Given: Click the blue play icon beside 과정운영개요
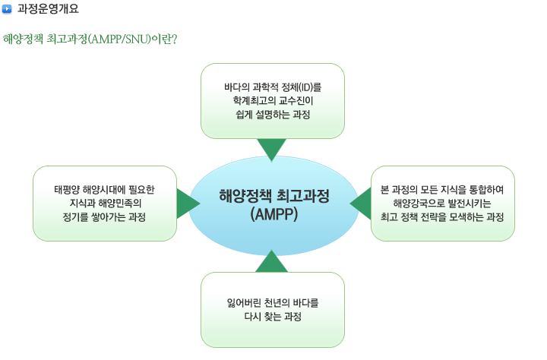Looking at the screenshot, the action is [7, 8].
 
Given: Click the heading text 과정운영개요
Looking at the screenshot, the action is [48, 8].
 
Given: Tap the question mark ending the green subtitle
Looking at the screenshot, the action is [175, 39].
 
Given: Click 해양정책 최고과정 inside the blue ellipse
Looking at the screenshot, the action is [274, 196].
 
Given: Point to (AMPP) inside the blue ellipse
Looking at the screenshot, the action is [274, 214].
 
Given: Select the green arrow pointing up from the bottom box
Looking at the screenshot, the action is [272, 261].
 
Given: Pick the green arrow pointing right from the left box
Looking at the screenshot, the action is [188, 204].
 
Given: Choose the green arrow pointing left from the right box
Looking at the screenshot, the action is [360, 204].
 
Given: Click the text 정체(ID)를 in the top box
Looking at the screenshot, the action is [302, 87].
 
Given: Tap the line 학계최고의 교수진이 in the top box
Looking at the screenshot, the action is [273, 100].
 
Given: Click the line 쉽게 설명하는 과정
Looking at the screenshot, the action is [273, 115].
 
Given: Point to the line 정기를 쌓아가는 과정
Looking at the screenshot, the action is [104, 217].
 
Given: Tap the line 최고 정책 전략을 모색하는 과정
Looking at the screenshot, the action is [442, 217].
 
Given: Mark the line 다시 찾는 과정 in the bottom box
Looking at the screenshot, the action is [273, 317].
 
